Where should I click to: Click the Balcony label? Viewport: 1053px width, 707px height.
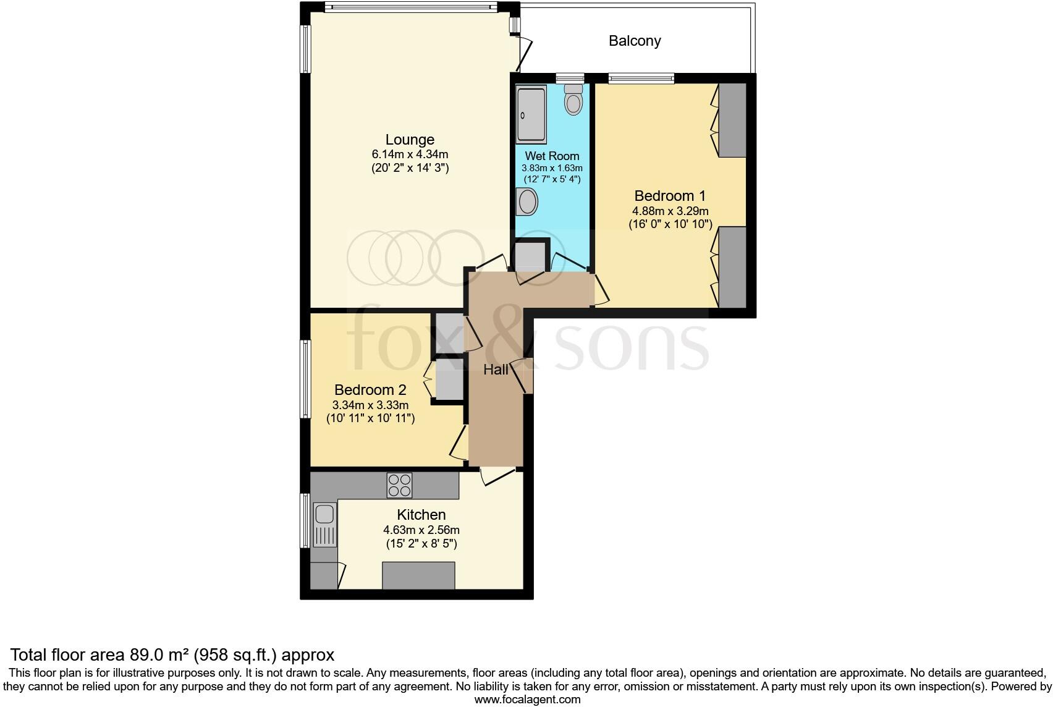[635, 41]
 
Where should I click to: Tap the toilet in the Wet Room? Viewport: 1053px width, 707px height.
[573, 101]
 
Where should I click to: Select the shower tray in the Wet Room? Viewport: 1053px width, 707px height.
[531, 114]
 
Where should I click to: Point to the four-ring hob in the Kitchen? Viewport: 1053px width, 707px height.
[399, 485]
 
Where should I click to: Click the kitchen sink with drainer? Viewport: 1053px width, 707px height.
[325, 525]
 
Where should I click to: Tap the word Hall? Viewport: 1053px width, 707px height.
[496, 370]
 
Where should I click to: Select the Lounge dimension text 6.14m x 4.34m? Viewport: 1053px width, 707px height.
[410, 154]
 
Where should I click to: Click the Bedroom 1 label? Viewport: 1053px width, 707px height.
[670, 196]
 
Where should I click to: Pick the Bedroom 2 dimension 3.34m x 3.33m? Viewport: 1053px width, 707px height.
[370, 405]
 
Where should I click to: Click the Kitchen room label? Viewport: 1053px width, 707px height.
[421, 515]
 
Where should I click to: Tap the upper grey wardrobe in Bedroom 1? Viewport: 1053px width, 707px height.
[732, 120]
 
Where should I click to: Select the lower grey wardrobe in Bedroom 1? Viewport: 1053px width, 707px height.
[732, 267]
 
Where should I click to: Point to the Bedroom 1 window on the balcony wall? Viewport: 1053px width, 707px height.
[641, 78]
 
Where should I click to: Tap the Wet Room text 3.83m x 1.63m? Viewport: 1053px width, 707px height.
[552, 168]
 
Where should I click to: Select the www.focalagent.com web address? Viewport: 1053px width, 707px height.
[527, 700]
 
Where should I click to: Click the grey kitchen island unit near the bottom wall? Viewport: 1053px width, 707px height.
[418, 575]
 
